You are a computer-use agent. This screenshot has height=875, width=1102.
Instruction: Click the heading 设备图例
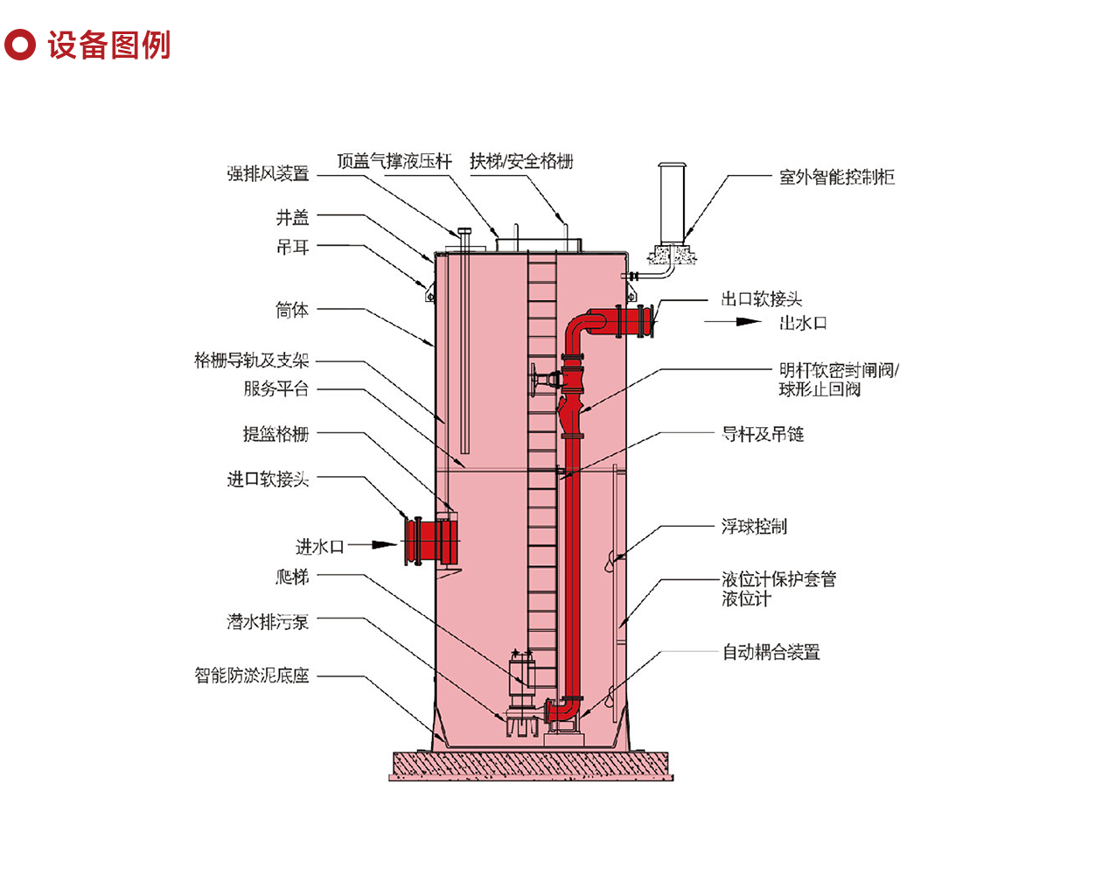(108, 45)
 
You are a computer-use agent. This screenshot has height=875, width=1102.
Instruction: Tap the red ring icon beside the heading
(20, 45)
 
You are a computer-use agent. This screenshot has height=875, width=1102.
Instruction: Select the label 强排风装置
(268, 173)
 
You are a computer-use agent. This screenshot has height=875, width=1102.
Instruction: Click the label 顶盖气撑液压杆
(394, 161)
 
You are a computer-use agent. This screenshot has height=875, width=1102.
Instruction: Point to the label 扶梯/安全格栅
(521, 161)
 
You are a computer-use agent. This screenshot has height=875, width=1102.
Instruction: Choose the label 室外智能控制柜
(837, 178)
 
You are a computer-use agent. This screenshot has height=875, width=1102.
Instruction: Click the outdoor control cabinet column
(672, 203)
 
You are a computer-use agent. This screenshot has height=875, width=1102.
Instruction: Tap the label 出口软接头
(761, 298)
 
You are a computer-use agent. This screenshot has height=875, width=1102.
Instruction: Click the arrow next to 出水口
(733, 322)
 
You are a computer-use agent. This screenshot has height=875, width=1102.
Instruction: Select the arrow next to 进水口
(373, 544)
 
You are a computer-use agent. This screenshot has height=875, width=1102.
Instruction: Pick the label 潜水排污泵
(268, 622)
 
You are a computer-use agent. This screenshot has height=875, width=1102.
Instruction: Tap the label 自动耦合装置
(771, 652)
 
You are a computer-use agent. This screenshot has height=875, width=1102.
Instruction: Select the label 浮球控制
(754, 526)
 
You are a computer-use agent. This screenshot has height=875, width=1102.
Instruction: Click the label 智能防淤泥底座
(251, 675)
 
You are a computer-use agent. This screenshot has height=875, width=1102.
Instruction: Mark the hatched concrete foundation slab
(531, 766)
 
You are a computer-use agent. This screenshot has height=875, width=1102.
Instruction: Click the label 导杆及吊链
(763, 434)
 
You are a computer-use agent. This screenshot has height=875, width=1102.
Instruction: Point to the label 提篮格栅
(276, 434)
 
